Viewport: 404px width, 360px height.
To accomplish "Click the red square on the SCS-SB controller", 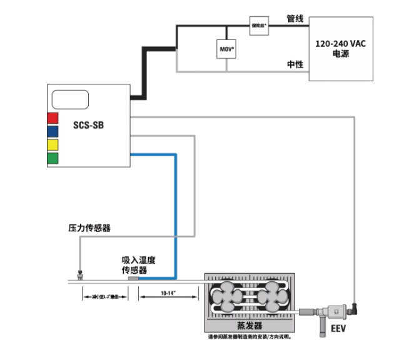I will tap(53, 117).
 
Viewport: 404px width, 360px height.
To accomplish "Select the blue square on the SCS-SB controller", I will tap(53, 131).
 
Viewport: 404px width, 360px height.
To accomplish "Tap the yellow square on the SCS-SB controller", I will tap(53, 145).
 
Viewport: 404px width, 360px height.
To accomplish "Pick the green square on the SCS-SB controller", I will tap(53, 158).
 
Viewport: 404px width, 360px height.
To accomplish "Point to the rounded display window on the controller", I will tap(69, 99).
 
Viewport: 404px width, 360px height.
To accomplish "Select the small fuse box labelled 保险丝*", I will tap(258, 26).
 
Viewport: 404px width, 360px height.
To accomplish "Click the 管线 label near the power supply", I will tap(295, 19).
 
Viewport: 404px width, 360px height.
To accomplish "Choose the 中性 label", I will tap(295, 64).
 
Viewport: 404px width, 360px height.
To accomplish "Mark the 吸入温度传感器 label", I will tap(134, 264).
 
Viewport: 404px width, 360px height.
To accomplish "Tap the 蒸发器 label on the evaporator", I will tap(250, 326).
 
